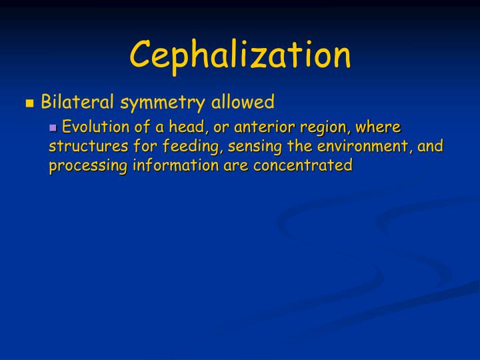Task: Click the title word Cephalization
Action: (240, 55)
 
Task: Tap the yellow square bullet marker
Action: (29, 103)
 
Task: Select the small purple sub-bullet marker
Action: (54, 127)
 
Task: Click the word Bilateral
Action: (76, 102)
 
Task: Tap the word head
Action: (184, 127)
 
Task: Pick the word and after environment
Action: (431, 147)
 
